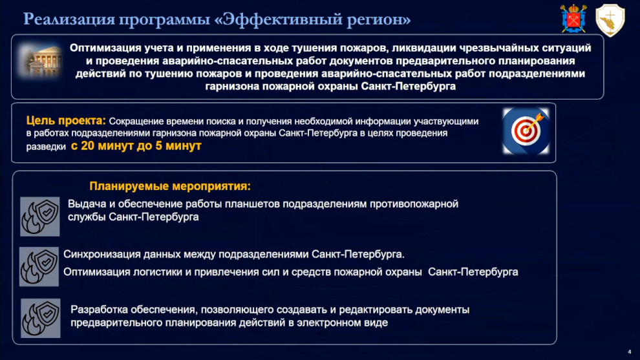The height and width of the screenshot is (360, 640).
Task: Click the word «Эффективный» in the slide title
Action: click(282, 19)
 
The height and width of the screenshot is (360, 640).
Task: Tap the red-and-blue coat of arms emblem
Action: click(573, 19)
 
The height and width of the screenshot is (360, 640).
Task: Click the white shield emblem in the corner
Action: click(610, 20)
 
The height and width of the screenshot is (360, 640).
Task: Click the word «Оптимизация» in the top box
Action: click(105, 48)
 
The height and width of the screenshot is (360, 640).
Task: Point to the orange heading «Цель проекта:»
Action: click(66, 120)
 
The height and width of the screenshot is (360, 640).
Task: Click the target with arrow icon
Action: click(526, 131)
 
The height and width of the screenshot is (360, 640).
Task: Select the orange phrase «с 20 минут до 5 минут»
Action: click(136, 145)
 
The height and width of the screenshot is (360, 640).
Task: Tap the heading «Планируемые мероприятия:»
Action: click(170, 186)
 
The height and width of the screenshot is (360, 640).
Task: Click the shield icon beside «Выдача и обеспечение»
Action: click(39, 217)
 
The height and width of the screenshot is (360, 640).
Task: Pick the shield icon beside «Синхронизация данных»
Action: click(39, 266)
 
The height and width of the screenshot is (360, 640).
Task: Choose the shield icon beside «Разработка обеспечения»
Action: click(41, 318)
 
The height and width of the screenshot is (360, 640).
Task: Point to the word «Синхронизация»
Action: click(101, 255)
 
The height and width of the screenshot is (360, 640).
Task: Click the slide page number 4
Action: click(630, 352)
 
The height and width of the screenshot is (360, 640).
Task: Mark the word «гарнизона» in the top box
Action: click(232, 87)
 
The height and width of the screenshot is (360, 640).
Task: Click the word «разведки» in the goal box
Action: click(46, 147)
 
